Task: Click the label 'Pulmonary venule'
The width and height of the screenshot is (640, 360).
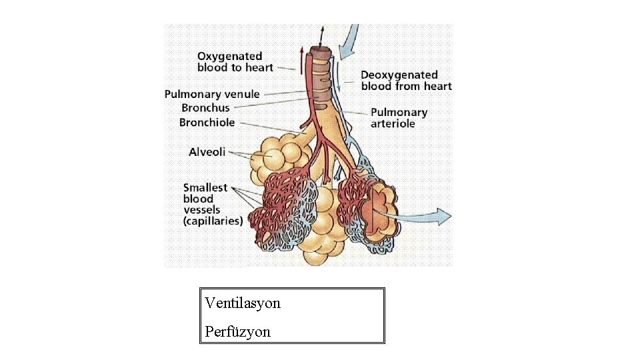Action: click(212, 94)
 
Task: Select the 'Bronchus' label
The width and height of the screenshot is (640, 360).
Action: click(205, 107)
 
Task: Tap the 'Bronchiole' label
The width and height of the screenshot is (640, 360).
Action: click(207, 122)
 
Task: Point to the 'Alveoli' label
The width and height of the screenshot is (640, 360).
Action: click(207, 152)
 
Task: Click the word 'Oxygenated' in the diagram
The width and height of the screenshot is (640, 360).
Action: click(229, 57)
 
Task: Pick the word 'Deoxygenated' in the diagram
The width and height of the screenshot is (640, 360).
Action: click(399, 75)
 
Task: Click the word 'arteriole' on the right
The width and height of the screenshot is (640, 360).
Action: click(393, 123)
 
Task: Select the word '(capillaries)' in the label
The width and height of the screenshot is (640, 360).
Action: click(213, 221)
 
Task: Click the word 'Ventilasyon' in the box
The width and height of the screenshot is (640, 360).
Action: click(243, 303)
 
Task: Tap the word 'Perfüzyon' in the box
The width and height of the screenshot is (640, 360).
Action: click(238, 331)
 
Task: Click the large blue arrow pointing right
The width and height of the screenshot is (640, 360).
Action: click(427, 215)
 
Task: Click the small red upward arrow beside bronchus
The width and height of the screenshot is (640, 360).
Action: click(302, 57)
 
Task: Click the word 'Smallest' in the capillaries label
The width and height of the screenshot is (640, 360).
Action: click(205, 188)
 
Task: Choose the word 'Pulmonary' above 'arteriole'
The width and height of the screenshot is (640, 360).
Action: click(399, 113)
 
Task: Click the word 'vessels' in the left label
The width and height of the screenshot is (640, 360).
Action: click(201, 209)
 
